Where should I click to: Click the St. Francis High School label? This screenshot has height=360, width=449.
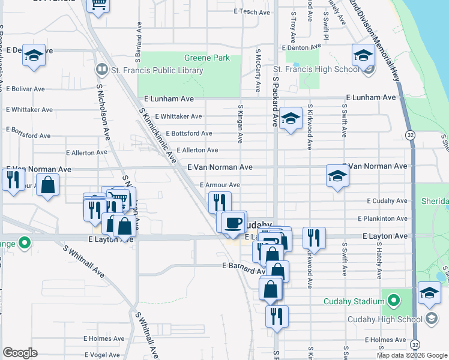click(x=315, y=70)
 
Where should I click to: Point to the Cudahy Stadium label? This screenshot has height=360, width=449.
click(x=353, y=301)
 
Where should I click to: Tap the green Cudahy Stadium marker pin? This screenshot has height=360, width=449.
click(x=393, y=299)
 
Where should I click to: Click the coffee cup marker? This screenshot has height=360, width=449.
click(x=234, y=223)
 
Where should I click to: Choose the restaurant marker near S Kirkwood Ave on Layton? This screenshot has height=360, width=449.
click(x=313, y=238)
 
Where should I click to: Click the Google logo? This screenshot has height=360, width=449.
click(x=20, y=353)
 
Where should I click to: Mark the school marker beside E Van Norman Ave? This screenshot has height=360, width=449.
click(x=338, y=176)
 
